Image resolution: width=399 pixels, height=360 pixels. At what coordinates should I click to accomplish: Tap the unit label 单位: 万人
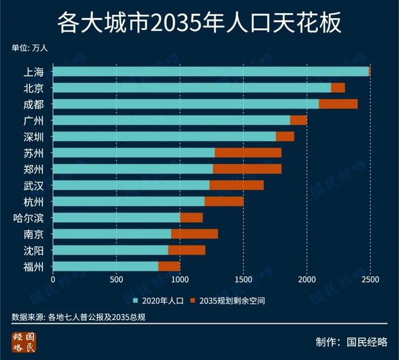[x=29, y=47]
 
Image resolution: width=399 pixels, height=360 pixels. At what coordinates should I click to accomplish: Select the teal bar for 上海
[x=211, y=72]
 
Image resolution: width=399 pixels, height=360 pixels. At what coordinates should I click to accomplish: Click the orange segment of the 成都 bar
[x=338, y=104]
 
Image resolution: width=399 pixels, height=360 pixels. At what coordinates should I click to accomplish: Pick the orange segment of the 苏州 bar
[x=248, y=152]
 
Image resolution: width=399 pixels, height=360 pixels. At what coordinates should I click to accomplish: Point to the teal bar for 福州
[x=105, y=266]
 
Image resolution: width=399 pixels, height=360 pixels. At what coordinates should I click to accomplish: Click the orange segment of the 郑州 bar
[x=247, y=168]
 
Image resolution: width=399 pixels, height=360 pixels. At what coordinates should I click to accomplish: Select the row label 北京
[x=34, y=88]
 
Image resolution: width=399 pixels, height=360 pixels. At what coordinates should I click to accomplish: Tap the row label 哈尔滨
[x=29, y=218]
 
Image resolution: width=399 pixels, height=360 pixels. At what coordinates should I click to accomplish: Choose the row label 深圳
[x=34, y=137]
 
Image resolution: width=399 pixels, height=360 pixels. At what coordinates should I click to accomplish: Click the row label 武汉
[x=34, y=185]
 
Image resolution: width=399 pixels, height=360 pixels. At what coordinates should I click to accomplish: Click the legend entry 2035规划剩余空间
[x=228, y=301]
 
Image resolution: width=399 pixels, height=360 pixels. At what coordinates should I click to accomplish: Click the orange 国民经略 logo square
[x=24, y=343]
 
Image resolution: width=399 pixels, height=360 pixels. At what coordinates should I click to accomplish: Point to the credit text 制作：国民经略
[x=352, y=342]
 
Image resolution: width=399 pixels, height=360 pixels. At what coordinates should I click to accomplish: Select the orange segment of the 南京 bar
[x=195, y=234]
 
